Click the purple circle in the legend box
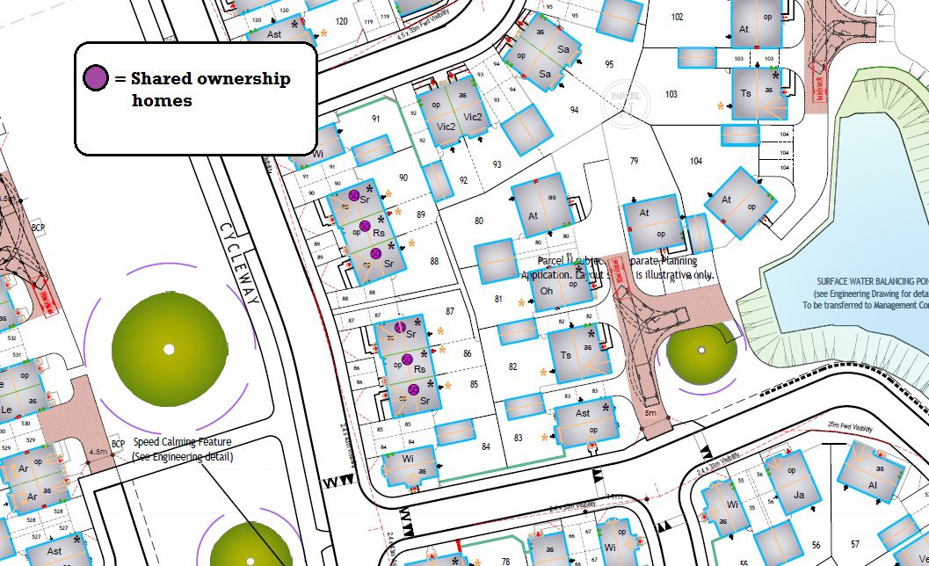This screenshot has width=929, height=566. pos(96,78)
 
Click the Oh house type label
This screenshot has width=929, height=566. pos(546,290)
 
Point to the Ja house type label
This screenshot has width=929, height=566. pos(799,495)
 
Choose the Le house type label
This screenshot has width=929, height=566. pos(6,410)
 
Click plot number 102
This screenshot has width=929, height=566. pos(677,18)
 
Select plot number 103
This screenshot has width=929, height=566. pos(671,94)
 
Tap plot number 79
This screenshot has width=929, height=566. pos(633,161)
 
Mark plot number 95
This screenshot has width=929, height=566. pos(609,64)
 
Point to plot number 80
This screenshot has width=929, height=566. pos(479,221)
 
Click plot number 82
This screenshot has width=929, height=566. pos(512,366)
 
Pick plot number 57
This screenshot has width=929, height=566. pos(855,545)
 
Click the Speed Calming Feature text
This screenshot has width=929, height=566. pos(182,441)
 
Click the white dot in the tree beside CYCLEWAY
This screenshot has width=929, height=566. pos(169,349)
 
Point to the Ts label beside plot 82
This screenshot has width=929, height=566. pos(565,356)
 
